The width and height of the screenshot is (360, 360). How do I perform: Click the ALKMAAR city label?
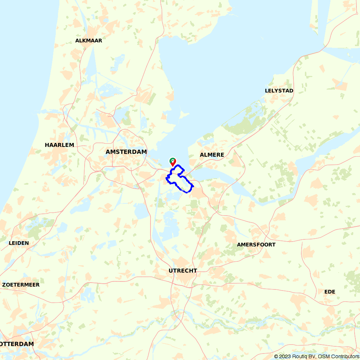pyautogui.click(x=89, y=41)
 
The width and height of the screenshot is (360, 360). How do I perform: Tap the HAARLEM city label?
pyautogui.click(x=59, y=145)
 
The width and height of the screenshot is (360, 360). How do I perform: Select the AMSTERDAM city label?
pyautogui.click(x=126, y=152)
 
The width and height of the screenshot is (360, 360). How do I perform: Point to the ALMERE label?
pyautogui.click(x=212, y=155)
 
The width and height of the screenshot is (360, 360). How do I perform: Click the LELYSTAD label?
pyautogui.click(x=279, y=91)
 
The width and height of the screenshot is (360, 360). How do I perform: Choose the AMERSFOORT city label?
pyautogui.click(x=256, y=245)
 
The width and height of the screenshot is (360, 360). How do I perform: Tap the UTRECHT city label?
pyautogui.click(x=183, y=271)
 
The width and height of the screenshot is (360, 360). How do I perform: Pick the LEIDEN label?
pyautogui.click(x=19, y=243)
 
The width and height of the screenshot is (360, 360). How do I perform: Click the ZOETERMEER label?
pyautogui.click(x=21, y=285)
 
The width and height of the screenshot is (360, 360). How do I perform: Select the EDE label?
pyautogui.click(x=330, y=292)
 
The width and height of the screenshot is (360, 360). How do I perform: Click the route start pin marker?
pyautogui.click(x=173, y=161)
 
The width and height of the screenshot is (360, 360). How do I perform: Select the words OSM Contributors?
pyautogui.click(x=339, y=356)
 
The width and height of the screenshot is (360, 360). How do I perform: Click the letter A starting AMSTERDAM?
pyautogui.click(x=108, y=152)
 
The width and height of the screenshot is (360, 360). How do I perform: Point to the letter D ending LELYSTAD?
pyautogui.click(x=291, y=91)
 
